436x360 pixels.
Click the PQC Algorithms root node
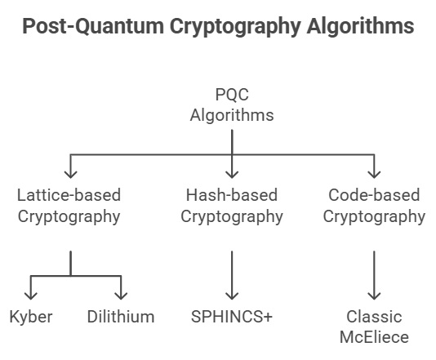(232, 104)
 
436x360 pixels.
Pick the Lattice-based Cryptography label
(69, 206)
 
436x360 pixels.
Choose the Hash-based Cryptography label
(232, 206)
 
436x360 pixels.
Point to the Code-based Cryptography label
(374, 206)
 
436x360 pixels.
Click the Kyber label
(31, 317)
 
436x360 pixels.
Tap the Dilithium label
(121, 317)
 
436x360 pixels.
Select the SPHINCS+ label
(232, 317)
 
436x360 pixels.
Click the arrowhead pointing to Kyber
(31, 295)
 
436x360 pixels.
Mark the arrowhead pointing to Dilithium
(121, 295)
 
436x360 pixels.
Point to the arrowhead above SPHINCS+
(232, 295)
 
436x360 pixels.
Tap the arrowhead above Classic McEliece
(374, 295)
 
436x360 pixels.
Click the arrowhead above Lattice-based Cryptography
(70, 172)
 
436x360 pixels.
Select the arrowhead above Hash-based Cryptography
(232, 172)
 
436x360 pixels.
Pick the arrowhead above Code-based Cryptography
(374, 172)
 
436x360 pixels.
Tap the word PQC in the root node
(232, 95)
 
